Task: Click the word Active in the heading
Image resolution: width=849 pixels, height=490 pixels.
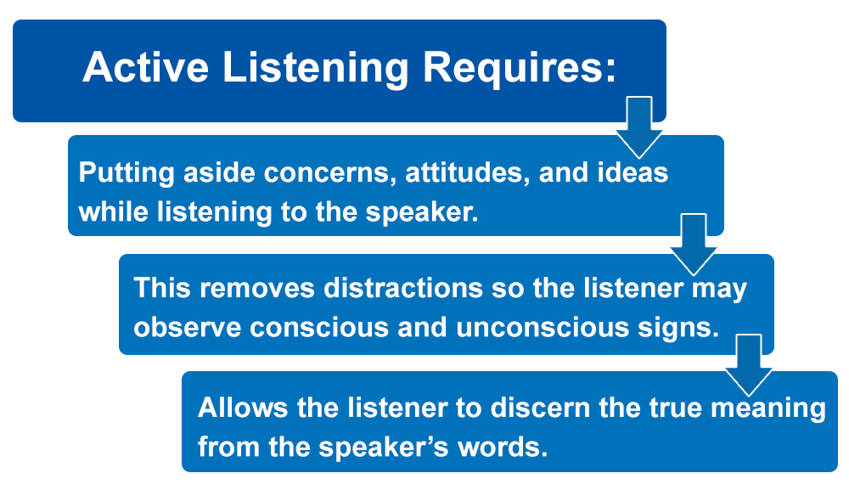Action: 145,67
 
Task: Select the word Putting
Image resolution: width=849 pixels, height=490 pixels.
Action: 127,173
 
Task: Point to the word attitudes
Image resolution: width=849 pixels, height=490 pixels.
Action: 467,172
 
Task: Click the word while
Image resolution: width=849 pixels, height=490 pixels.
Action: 113,211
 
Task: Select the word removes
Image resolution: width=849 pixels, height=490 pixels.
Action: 257,288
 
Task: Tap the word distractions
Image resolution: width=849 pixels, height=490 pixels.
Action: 403,288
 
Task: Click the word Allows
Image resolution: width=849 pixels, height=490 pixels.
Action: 243,407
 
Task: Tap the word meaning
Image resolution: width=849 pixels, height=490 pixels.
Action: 768,408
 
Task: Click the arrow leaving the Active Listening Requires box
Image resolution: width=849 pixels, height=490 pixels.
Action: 639,127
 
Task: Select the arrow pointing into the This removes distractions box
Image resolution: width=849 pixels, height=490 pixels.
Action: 694,245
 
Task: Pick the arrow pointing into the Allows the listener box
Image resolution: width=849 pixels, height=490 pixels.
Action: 749,365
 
